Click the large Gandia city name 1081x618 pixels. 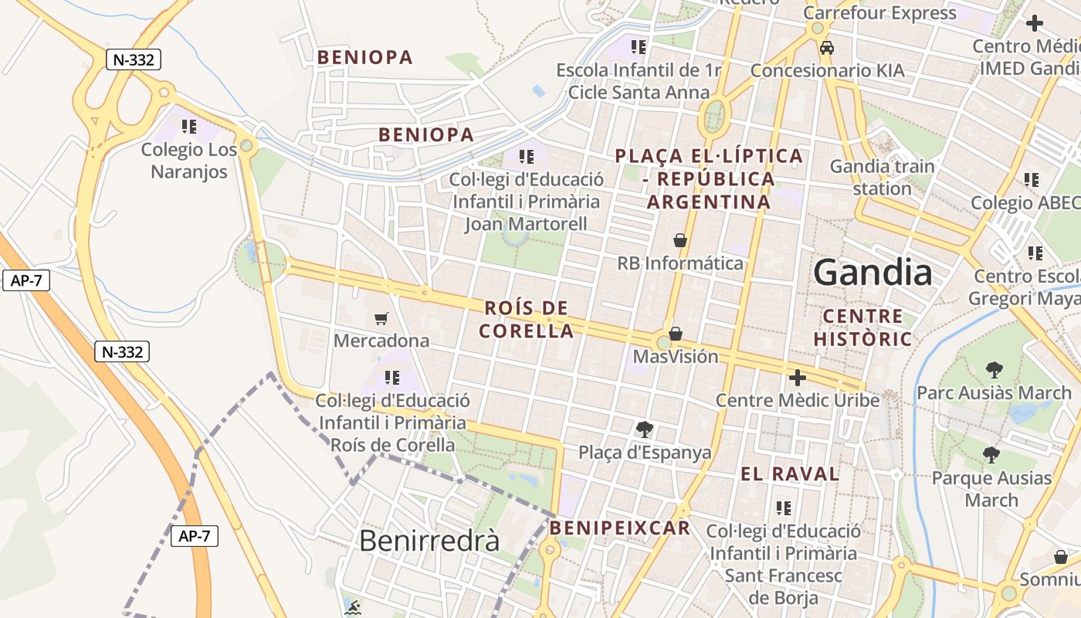coord(873,273)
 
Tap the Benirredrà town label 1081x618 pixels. coord(429,540)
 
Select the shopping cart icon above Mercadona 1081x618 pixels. coord(381,318)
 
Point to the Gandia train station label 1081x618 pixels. coord(882,177)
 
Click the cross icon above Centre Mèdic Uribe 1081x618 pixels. coord(797,378)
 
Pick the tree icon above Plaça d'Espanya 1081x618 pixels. coord(644,430)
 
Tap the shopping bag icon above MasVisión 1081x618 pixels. coord(676,334)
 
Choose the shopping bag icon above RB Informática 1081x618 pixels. coord(680,240)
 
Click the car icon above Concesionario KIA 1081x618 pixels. coord(827,48)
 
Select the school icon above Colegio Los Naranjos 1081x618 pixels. coord(189,126)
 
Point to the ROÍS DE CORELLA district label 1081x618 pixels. coord(526,320)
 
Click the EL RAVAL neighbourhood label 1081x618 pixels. coord(790,474)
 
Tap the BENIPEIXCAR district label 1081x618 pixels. coord(620,528)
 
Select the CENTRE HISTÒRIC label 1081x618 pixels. coord(862,327)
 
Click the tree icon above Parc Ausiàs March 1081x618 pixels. coord(994,370)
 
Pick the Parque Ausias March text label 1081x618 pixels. coord(991,489)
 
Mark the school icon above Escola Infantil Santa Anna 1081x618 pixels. coord(638,47)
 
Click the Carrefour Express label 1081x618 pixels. coord(879,13)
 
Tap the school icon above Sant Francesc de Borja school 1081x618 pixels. coord(784,508)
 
